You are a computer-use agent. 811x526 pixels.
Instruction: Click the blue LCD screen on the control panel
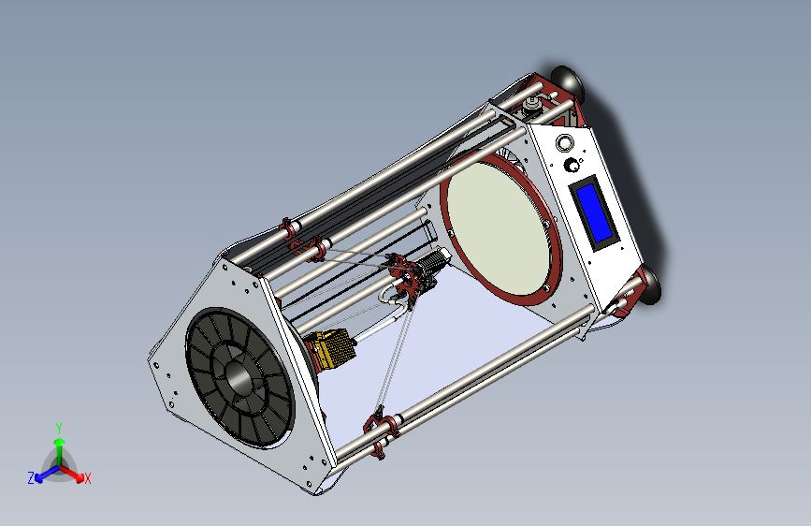click(x=593, y=212)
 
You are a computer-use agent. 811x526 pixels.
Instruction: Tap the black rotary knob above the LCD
click(x=572, y=165)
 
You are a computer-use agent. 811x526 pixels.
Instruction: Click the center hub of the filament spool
click(x=238, y=377)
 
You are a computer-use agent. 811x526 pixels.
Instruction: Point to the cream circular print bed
click(x=497, y=227)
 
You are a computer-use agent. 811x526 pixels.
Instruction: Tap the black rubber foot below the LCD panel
click(x=650, y=285)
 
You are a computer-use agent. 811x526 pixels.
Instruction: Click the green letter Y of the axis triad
click(x=58, y=429)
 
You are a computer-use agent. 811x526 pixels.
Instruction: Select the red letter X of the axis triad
click(x=87, y=479)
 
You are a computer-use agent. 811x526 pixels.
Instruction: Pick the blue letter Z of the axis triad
click(x=31, y=478)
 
